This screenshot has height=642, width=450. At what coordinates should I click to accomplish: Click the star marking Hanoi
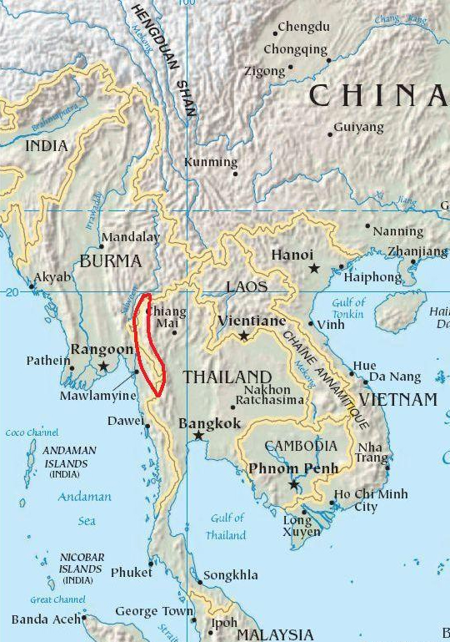(x=314, y=268)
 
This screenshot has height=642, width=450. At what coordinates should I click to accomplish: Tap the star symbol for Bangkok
(x=198, y=435)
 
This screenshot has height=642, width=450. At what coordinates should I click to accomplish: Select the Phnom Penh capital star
(x=293, y=484)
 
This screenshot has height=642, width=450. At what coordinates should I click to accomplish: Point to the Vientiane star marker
(x=243, y=336)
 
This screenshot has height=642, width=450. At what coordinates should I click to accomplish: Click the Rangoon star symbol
(x=103, y=366)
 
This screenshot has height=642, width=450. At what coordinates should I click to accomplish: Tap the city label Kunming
(x=211, y=162)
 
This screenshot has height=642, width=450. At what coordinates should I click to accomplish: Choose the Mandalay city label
(x=130, y=237)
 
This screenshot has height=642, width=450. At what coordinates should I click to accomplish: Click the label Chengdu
(x=303, y=27)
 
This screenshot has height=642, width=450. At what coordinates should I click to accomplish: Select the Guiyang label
(x=358, y=127)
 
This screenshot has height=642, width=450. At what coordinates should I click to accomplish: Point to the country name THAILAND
(x=227, y=377)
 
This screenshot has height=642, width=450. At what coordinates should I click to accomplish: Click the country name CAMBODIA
(x=301, y=447)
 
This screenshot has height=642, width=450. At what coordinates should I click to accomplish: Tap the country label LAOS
(x=247, y=286)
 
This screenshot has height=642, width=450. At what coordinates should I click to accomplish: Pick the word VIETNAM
(x=397, y=400)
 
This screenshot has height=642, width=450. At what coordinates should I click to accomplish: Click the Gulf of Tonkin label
(x=348, y=308)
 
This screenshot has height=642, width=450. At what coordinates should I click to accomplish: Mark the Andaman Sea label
(x=84, y=508)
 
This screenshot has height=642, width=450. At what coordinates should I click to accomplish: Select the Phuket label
(x=132, y=573)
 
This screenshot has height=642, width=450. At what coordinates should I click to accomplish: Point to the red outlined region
(x=150, y=342)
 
